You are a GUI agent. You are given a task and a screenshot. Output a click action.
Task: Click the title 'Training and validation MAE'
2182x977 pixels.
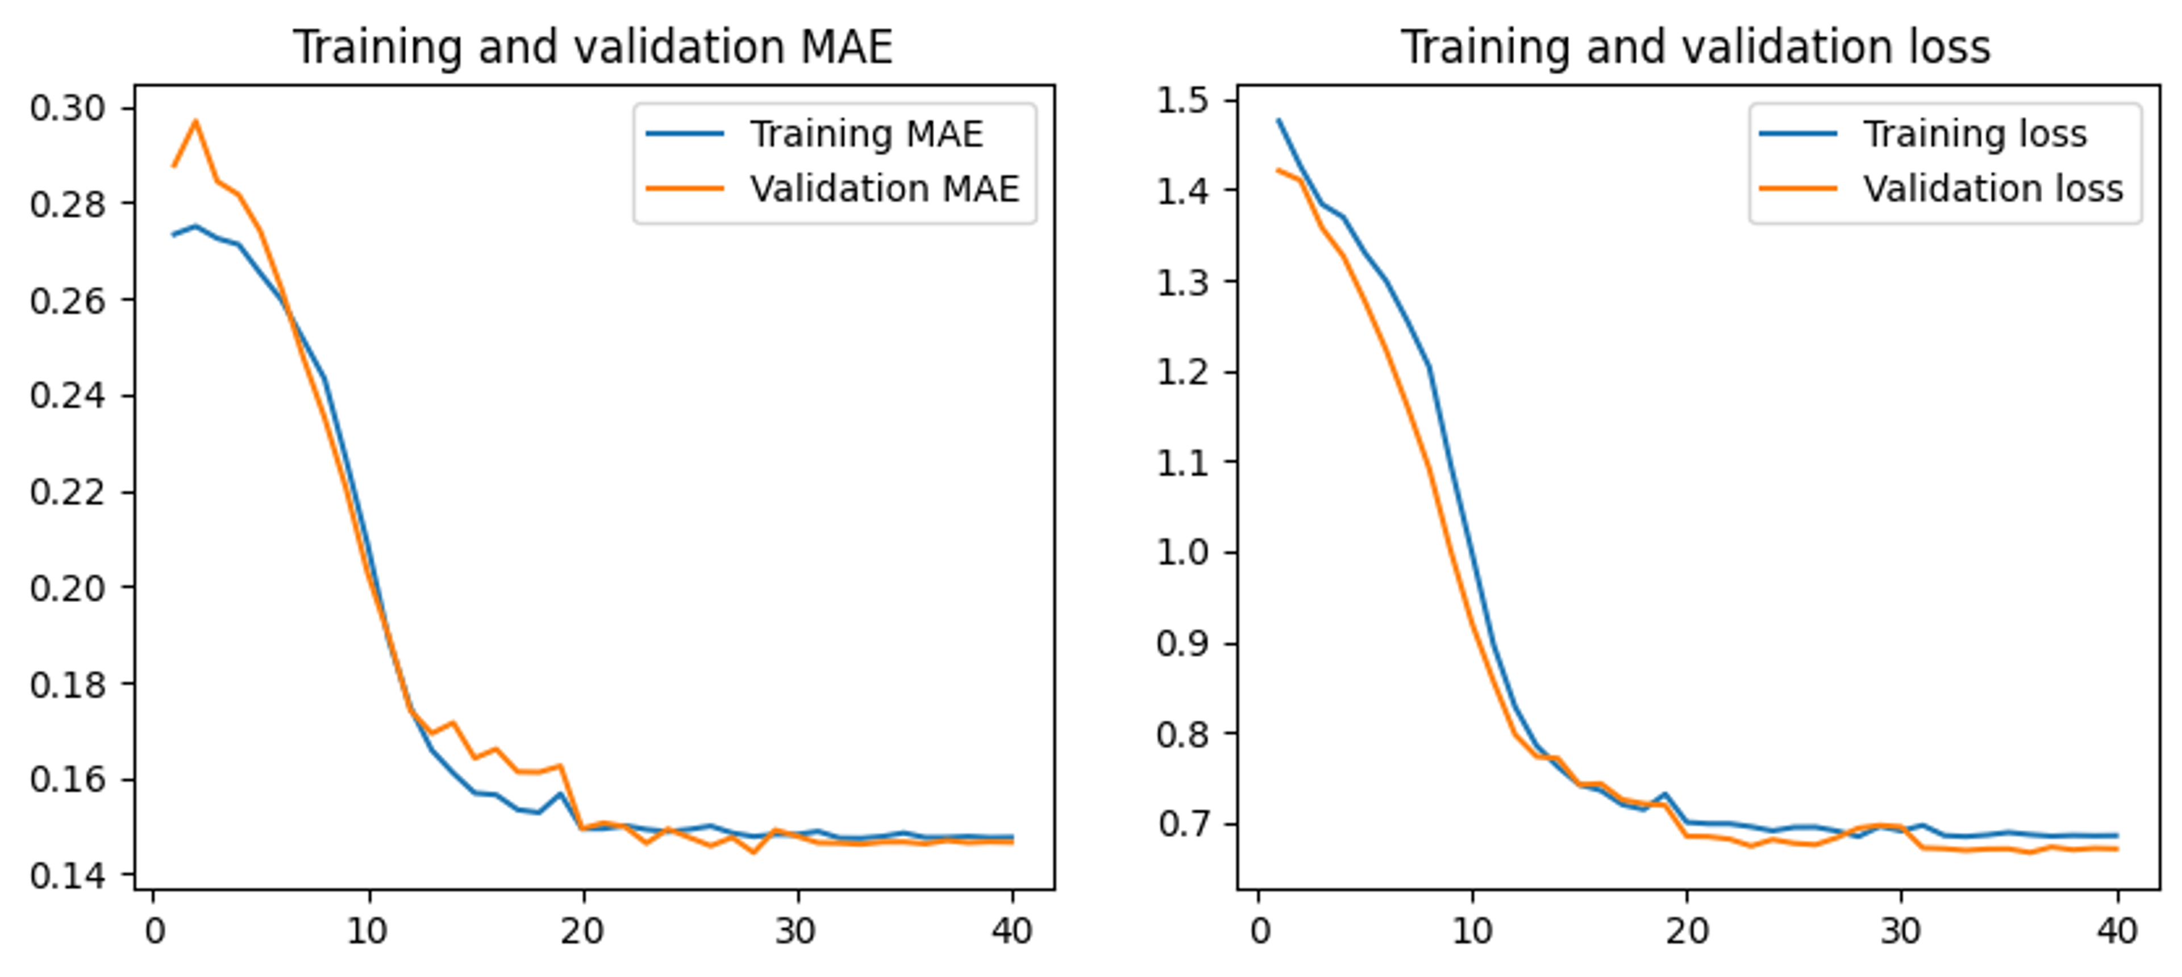593,47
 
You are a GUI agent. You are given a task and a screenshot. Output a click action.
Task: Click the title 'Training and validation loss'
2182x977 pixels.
1696,47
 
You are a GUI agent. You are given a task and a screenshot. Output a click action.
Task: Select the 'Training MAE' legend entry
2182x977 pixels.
865,133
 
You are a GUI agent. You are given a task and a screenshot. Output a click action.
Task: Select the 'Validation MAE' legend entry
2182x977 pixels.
884,188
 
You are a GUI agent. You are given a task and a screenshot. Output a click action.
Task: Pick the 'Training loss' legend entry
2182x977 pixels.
1975,133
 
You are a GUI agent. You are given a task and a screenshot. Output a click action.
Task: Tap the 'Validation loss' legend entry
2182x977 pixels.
1992,188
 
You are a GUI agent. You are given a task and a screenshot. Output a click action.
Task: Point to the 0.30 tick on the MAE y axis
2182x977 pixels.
68,108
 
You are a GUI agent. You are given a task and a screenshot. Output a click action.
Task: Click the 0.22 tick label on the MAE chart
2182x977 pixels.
68,492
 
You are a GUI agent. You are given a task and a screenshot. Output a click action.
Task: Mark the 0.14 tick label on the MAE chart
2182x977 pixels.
68,875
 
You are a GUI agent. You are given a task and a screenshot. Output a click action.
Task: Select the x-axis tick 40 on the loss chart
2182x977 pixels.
2117,932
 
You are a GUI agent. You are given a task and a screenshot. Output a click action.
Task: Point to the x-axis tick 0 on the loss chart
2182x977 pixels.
1260,932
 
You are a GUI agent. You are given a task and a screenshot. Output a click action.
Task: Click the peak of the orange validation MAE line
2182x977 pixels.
195,121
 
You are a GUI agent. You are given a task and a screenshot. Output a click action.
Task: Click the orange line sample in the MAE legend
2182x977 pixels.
684,188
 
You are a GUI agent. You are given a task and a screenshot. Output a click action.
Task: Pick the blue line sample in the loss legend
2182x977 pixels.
1797,133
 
